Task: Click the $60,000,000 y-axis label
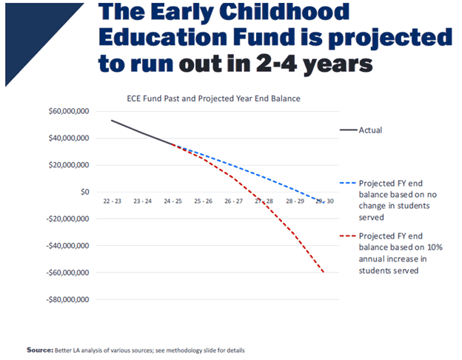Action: [x=69, y=111]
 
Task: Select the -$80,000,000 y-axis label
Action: [x=67, y=300]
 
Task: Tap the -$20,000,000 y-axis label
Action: [x=67, y=219]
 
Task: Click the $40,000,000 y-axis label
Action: [x=69, y=139]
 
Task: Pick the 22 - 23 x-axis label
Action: [x=112, y=201]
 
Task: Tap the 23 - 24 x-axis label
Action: [x=142, y=201]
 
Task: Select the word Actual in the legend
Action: [x=370, y=130]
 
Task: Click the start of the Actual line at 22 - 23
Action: [x=112, y=120]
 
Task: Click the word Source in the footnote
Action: [x=38, y=350]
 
